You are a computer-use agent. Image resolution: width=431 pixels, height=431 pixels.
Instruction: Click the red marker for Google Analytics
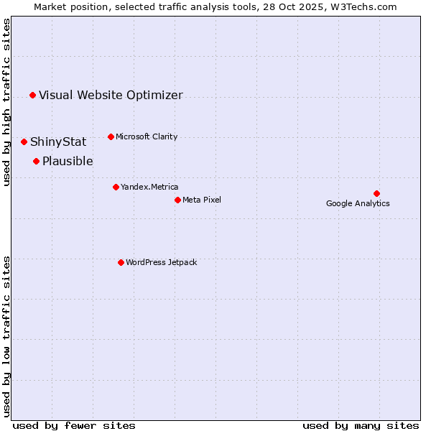tap(376, 193)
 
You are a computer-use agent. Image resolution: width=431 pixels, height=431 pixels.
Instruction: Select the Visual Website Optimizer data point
tap(32, 95)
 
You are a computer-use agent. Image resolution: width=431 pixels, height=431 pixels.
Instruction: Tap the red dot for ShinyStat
tap(24, 142)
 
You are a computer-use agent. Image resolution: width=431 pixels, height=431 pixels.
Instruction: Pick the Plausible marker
tap(36, 161)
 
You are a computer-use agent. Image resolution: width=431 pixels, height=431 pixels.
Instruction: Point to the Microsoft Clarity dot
tap(111, 136)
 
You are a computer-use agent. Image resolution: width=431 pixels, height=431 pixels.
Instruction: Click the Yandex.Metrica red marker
tap(116, 187)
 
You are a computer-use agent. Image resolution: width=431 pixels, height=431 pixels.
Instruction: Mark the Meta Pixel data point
tap(177, 200)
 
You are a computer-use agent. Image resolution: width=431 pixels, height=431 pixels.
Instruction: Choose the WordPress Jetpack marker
tap(121, 262)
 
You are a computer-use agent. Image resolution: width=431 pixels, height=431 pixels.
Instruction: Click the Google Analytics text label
tap(358, 203)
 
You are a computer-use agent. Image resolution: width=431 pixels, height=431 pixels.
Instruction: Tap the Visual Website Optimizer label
tap(111, 95)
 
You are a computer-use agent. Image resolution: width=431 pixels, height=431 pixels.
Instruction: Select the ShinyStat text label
tap(58, 142)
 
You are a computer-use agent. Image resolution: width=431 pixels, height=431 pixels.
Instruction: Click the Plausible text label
tap(68, 161)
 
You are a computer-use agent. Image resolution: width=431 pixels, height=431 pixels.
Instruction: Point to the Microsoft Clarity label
tap(147, 136)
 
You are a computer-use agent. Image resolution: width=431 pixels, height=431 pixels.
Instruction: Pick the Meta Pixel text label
tap(202, 200)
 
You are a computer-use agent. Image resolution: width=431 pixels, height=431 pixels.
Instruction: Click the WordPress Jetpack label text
tap(161, 262)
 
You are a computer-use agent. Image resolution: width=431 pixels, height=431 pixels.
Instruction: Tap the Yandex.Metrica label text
tap(149, 187)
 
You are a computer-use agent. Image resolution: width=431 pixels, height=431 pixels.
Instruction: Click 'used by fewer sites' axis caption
tap(74, 425)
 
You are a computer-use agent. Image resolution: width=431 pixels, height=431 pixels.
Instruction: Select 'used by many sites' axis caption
tap(361, 425)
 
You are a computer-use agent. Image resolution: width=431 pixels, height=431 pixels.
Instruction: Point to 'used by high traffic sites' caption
tap(6, 102)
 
